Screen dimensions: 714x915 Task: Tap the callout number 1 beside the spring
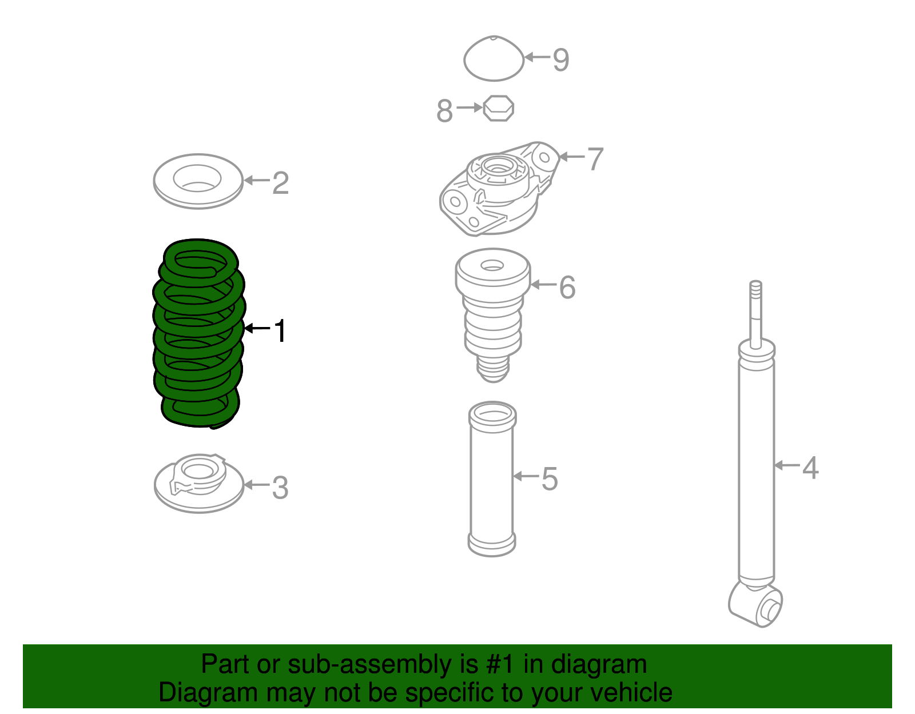coord(280,331)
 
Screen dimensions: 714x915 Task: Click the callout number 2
coord(280,183)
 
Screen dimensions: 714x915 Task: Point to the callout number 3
coord(280,488)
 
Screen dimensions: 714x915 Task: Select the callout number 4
coord(810,467)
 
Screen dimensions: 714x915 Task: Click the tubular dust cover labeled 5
coord(492,480)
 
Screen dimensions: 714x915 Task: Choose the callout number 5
coord(549,478)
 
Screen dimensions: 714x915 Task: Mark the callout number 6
coord(567,287)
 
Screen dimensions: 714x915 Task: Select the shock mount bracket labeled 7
coord(495,192)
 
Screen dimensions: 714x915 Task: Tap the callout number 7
coord(595,158)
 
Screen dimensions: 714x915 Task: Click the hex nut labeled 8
coord(498,108)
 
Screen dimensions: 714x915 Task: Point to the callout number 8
coord(444,110)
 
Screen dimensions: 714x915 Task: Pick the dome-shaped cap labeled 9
coord(493,59)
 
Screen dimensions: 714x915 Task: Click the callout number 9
coord(561,59)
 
